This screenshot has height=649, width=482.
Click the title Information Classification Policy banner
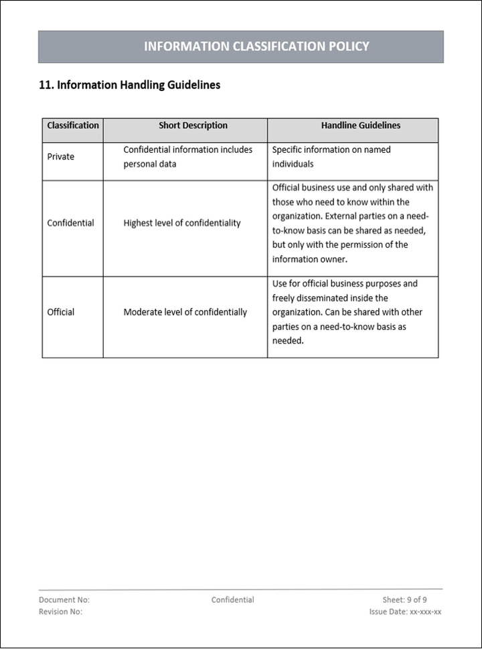[x=256, y=46]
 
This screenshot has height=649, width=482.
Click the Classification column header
[x=73, y=125]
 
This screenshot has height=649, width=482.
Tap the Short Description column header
[x=193, y=125]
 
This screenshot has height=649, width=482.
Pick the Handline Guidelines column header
[x=360, y=125]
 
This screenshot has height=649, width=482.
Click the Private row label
[x=61, y=157]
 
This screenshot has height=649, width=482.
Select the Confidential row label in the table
[x=70, y=223]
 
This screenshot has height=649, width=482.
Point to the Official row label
[x=61, y=312]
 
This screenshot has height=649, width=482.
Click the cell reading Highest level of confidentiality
[x=182, y=223]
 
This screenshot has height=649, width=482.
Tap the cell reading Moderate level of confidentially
[x=185, y=312]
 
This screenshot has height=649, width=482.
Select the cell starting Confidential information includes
[x=187, y=157]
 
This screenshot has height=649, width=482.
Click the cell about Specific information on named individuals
[x=331, y=157]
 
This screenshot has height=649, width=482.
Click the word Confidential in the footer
[x=232, y=600]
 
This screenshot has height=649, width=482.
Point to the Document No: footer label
[x=64, y=600]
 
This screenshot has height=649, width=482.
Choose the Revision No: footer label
[x=61, y=612]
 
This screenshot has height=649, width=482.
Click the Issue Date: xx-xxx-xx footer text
[x=405, y=612]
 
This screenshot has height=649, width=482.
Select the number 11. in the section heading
[x=47, y=85]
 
